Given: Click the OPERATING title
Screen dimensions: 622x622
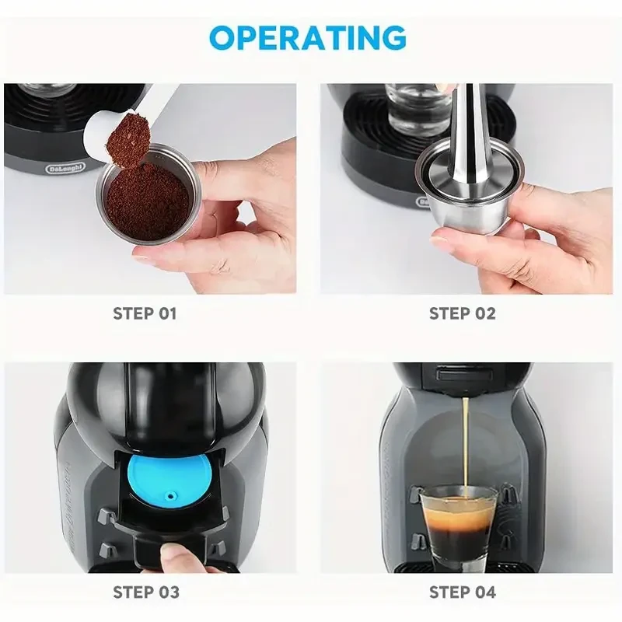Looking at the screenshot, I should point(308,37).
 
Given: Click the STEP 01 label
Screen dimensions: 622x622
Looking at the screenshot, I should point(145,314).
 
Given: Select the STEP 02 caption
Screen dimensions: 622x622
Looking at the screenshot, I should point(462,314).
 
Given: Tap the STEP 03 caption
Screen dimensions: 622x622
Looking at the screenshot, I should point(145,592).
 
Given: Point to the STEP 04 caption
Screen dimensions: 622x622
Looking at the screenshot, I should point(462,592).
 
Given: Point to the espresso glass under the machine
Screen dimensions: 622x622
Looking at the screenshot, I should point(458,521).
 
